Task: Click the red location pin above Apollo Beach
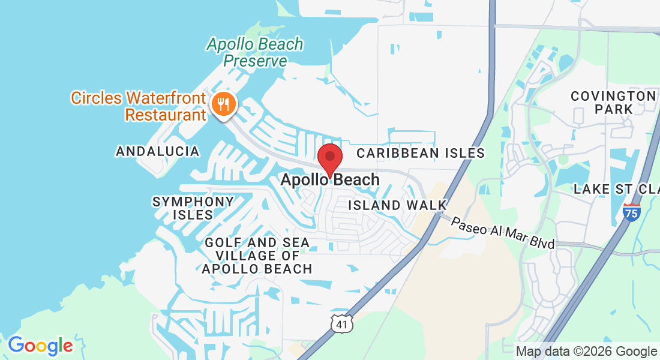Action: [x=329, y=157]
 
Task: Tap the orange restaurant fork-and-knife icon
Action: [x=223, y=104]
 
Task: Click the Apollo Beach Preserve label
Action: [x=255, y=52]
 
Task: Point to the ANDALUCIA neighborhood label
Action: [x=158, y=151]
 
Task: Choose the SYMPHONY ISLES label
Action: [x=193, y=208]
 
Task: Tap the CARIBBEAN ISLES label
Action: [x=420, y=153]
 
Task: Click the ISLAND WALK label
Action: [x=398, y=205]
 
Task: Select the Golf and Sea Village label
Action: [x=257, y=256]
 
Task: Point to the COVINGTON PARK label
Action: [x=613, y=103]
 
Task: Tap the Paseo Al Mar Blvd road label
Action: [x=503, y=233]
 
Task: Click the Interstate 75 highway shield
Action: [x=631, y=212]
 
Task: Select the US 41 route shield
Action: [x=341, y=323]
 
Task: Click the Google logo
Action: [x=40, y=345]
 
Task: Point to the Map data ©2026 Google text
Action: [x=586, y=352]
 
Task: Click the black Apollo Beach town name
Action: [x=330, y=179]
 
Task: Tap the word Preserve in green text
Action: [x=255, y=61]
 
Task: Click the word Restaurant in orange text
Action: [x=166, y=114]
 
